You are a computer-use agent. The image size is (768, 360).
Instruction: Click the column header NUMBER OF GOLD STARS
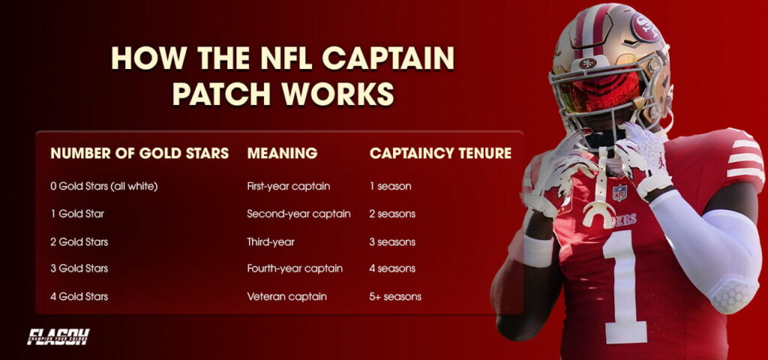click(x=139, y=154)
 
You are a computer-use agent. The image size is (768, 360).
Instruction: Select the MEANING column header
click(x=282, y=154)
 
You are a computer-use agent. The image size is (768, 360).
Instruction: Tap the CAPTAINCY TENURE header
click(x=440, y=154)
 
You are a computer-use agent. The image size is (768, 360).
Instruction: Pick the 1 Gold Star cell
click(x=77, y=214)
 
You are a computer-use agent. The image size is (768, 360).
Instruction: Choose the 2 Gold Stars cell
click(x=79, y=241)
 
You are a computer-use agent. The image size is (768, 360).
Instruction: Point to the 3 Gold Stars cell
click(x=79, y=268)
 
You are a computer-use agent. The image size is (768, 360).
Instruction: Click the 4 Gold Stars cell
click(x=79, y=296)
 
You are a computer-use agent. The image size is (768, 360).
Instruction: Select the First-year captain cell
click(x=288, y=186)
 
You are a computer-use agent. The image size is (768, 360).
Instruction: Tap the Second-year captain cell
click(x=298, y=214)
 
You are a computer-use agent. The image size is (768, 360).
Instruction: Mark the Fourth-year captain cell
click(x=295, y=268)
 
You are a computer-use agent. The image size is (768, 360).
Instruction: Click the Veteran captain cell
click(x=286, y=296)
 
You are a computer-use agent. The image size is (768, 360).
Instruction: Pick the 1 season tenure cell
click(x=390, y=186)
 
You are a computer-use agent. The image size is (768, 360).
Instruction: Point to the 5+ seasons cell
click(x=395, y=296)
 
